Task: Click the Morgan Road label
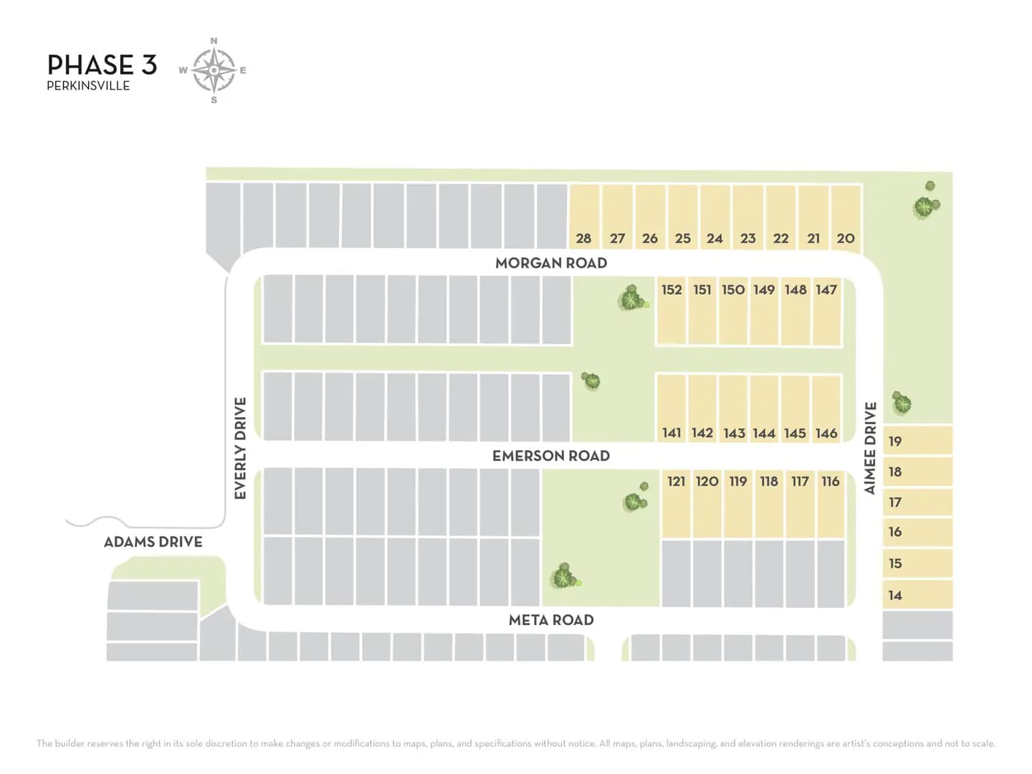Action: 551,263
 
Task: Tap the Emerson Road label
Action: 551,456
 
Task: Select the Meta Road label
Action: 551,621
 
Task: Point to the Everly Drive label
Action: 240,449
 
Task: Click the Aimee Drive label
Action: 870,448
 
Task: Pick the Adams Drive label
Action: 153,542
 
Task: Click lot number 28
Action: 583,239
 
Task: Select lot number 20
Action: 846,239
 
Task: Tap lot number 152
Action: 672,290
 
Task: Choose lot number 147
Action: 826,290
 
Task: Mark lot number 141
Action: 672,433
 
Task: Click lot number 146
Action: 826,433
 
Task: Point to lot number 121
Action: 676,481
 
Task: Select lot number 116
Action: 831,481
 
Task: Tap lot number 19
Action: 894,441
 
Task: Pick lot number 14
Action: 894,596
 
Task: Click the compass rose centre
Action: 214,70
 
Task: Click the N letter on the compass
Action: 214,41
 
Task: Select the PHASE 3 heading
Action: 102,64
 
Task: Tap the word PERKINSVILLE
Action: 88,86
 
